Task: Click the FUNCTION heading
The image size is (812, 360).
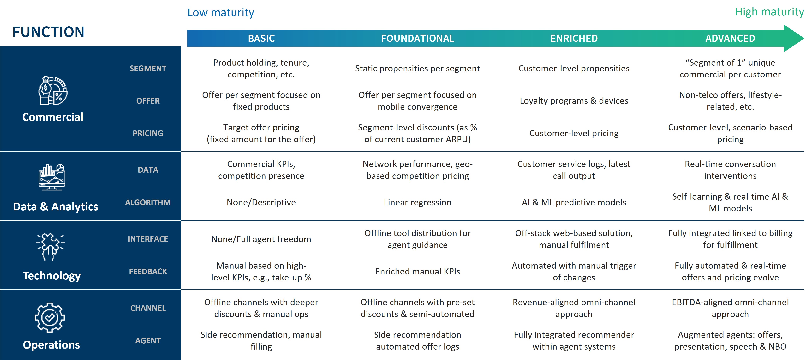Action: [x=48, y=32]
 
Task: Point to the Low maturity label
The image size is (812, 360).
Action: [x=221, y=13]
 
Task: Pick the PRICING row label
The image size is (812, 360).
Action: [x=148, y=133]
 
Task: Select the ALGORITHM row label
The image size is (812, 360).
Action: [x=148, y=202]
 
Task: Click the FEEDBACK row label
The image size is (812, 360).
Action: [x=148, y=271]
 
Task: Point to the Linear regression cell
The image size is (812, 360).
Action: [x=417, y=202]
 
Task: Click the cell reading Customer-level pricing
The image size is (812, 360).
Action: [x=574, y=133]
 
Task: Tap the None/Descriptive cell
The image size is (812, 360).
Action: [x=261, y=202]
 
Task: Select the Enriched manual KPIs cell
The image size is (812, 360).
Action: [x=417, y=271]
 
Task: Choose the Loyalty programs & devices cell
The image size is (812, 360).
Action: [x=574, y=101]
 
